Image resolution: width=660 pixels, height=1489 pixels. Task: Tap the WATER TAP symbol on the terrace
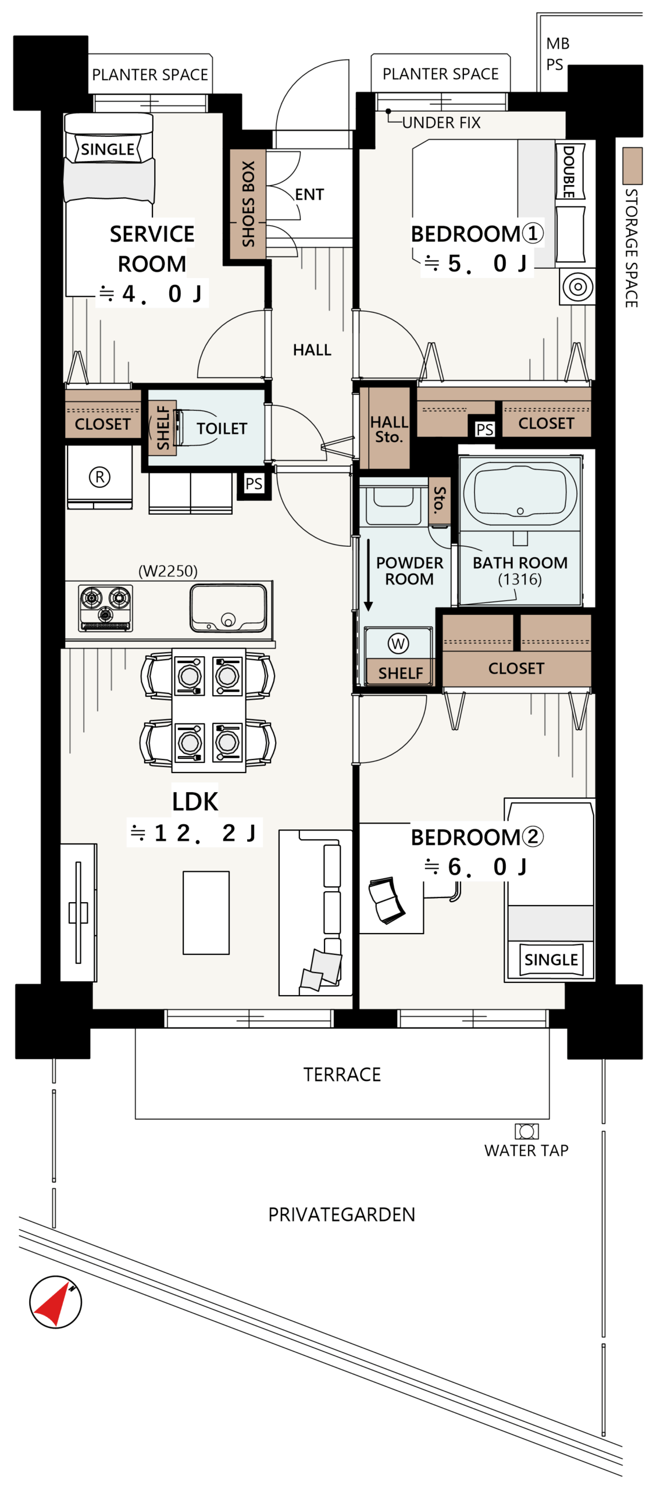[x=526, y=1131]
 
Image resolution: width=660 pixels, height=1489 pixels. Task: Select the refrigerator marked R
[x=99, y=477]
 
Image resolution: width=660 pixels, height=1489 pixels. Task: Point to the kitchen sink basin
[x=228, y=608]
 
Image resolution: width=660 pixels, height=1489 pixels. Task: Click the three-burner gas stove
[x=106, y=608]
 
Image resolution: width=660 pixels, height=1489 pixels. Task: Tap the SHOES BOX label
[x=248, y=204]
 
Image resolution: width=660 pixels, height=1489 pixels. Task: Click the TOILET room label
[x=222, y=429]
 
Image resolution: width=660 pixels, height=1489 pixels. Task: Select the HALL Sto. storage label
[x=389, y=429]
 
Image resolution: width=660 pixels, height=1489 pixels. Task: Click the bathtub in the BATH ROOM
[x=520, y=493]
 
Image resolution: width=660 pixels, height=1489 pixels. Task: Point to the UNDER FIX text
[x=441, y=123]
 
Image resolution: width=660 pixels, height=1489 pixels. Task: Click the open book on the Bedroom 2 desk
[x=387, y=900]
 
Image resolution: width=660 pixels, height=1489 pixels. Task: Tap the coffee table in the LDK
[x=206, y=913]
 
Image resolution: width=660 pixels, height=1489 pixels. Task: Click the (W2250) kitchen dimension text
[x=167, y=571]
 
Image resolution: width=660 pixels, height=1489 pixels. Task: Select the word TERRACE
[x=342, y=1074]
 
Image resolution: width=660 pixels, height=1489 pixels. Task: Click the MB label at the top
[x=558, y=44]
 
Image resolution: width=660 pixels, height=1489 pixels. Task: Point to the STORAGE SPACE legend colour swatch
[x=632, y=166]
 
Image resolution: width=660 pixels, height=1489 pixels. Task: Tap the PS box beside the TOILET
[x=254, y=484]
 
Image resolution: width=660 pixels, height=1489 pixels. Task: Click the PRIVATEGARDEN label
[x=341, y=1214]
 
